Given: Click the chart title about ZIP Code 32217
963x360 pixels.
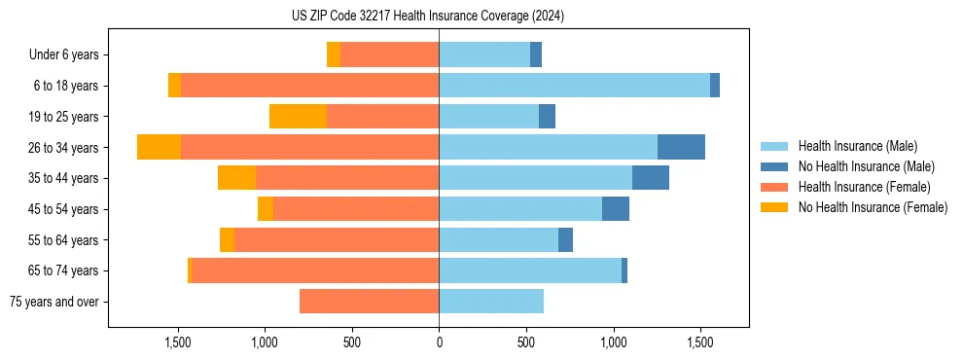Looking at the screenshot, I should point(428,17).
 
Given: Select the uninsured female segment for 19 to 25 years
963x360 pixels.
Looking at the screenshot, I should point(298,116).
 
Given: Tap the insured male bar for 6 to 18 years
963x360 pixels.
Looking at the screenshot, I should point(574,86).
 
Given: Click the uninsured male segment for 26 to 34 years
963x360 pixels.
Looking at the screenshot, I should point(681,147).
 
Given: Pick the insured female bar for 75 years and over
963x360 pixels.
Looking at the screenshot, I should point(369,302).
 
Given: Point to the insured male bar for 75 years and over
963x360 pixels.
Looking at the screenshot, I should point(491,302).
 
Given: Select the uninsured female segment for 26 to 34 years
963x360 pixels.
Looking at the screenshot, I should point(159,147).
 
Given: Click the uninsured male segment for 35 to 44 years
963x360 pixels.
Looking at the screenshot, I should point(651,178).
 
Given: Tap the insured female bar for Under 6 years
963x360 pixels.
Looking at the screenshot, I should point(389,54).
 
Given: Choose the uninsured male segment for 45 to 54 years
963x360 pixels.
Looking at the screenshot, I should point(616,209).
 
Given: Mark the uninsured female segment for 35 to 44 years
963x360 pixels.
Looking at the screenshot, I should point(236,178).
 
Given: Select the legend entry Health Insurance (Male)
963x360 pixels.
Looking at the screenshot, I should point(857,146).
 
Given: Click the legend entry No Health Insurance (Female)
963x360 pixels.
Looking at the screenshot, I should point(873,207).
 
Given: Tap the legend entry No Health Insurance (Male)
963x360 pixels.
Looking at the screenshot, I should point(866,166).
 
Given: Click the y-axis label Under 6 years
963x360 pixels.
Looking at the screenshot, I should point(63,54).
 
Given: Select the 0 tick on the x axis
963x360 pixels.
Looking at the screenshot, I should point(439,342).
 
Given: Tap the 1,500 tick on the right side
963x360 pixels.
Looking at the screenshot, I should point(700,342).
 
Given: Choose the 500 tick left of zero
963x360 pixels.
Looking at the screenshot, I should point(352,342).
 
